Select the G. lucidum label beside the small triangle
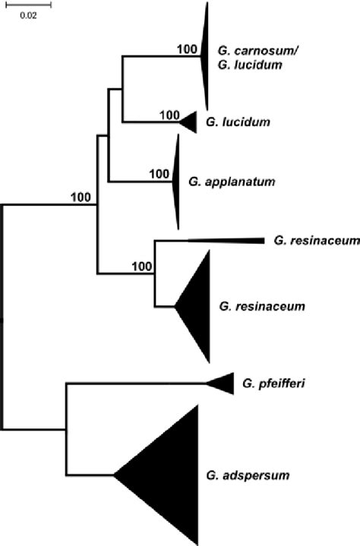[227, 122]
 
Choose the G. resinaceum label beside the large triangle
[261, 306]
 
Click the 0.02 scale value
[28, 16]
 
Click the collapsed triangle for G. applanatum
[175, 181]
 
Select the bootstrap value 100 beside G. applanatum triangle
[159, 173]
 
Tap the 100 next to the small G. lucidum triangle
[170, 115]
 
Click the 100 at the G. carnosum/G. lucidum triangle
[186, 49]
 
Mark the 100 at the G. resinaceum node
[141, 266]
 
